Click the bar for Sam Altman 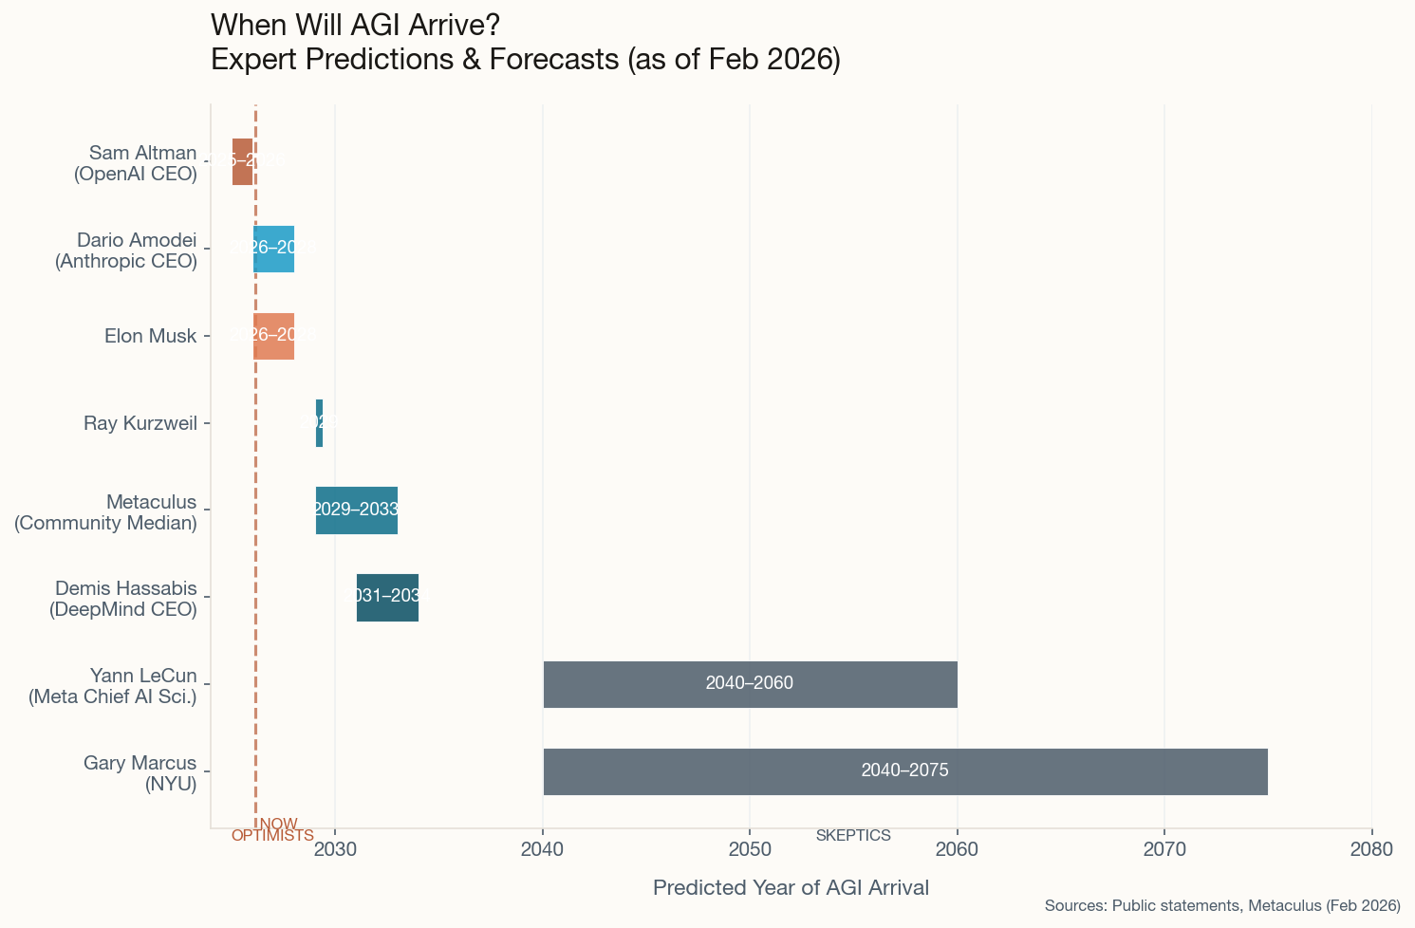(x=243, y=161)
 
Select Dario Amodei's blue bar (x=273, y=249)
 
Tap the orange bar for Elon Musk (x=273, y=336)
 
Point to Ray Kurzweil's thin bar (x=319, y=423)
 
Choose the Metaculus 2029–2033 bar (x=356, y=510)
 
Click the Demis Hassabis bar (x=387, y=598)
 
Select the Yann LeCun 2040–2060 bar (x=750, y=684)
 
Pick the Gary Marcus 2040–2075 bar (x=904, y=771)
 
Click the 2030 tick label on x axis (x=335, y=848)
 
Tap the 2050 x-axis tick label (x=750, y=848)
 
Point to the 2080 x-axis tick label (x=1371, y=848)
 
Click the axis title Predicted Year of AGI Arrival (x=791, y=888)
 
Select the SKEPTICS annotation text (x=853, y=836)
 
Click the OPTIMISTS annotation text (x=272, y=836)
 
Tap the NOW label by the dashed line (x=279, y=824)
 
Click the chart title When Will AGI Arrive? (x=355, y=25)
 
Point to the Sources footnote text (x=1222, y=906)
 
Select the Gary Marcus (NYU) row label (x=140, y=773)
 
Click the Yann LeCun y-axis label (x=113, y=686)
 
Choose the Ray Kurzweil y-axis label (x=140, y=423)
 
